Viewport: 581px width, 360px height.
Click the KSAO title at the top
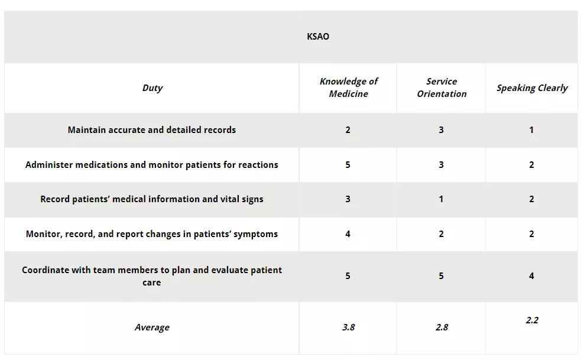coord(318,37)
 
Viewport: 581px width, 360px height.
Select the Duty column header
coord(152,88)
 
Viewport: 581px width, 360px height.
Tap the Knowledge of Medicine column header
coord(348,87)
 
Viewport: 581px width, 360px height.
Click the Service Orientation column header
coord(442,87)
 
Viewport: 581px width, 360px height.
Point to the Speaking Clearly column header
coord(531,88)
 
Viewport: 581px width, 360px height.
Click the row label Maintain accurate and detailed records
coord(152,130)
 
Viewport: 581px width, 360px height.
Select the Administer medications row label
coord(152,165)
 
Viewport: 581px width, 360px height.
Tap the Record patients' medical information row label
coord(152,199)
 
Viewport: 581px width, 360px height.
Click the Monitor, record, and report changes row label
coord(152,234)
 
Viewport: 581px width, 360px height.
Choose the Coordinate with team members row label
coord(152,276)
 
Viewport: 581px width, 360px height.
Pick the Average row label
coord(152,327)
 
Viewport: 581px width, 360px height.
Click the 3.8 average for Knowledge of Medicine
coord(348,327)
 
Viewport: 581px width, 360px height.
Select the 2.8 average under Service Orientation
coord(442,327)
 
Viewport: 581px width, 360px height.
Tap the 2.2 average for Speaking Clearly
coord(531,320)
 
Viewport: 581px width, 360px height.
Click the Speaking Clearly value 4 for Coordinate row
coord(531,276)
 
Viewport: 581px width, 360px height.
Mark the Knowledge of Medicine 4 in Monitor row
coord(348,234)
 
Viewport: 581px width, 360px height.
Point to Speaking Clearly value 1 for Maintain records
coord(531,130)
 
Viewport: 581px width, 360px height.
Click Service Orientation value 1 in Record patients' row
coord(441,199)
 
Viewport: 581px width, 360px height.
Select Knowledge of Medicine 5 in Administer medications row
coord(348,165)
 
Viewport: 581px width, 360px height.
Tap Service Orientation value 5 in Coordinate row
coord(441,276)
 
